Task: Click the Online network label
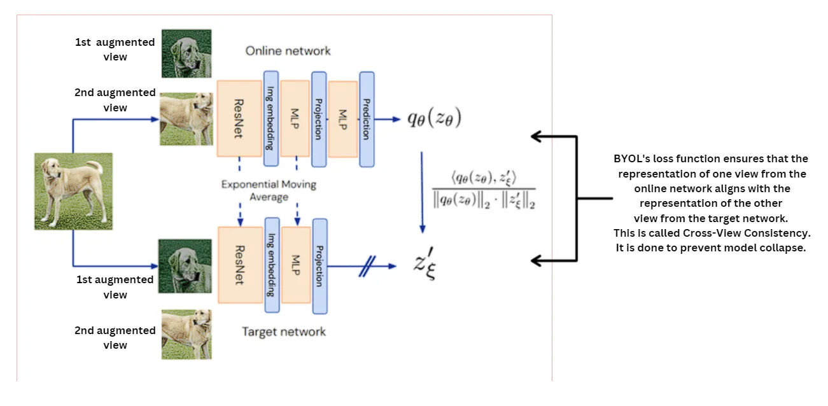[x=288, y=51]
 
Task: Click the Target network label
[x=284, y=332]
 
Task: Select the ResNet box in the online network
[x=240, y=118]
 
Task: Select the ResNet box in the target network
[x=240, y=264]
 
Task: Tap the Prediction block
[x=367, y=119]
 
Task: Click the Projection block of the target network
[x=320, y=266]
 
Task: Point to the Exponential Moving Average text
[x=269, y=190]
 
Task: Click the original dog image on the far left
[x=73, y=191]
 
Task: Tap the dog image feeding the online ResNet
[x=185, y=119]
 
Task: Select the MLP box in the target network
[x=296, y=264]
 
